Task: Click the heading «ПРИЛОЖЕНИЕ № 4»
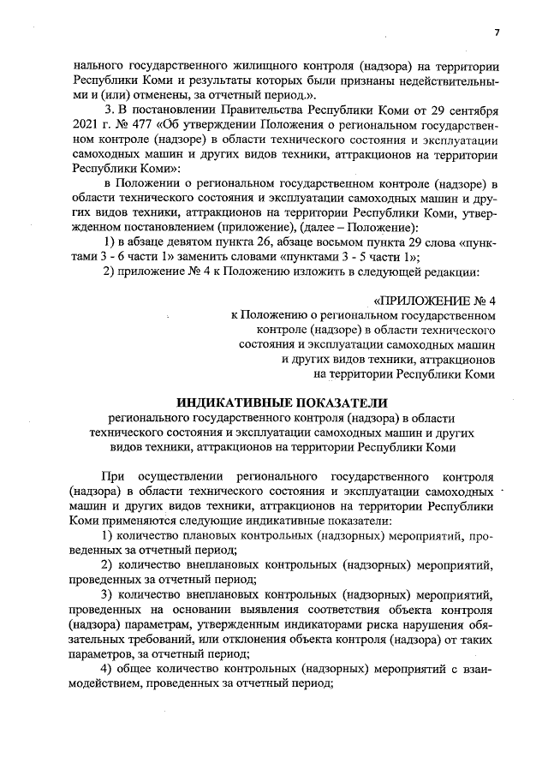pos(435,301)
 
